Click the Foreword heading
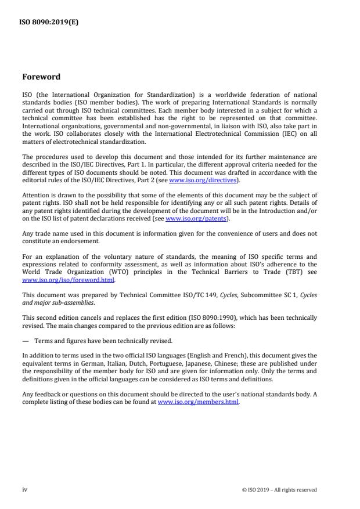coord(41,77)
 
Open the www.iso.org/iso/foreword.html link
coord(68,280)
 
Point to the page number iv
coord(24,490)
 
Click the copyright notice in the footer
coord(279,490)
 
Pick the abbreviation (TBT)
coord(289,272)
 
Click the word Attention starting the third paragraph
coord(34,196)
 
